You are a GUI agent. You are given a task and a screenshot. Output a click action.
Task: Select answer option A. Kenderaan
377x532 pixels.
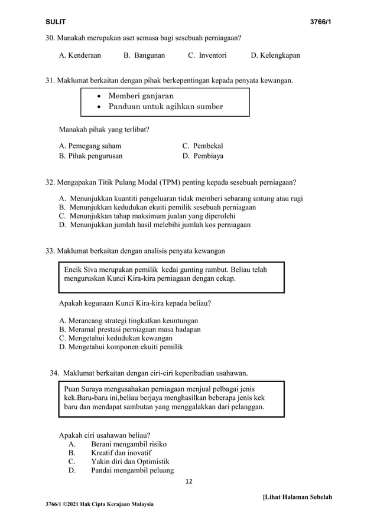click(80, 56)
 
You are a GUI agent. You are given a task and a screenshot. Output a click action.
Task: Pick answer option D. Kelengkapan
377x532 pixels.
click(275, 56)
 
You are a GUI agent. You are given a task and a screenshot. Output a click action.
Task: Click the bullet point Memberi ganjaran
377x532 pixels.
click(141, 95)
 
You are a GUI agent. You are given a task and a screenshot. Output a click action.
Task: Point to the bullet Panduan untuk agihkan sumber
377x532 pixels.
click(165, 107)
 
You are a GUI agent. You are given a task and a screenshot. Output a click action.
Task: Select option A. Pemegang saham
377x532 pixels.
click(90, 146)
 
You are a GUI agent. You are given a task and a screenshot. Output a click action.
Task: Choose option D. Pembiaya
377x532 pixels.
click(203, 157)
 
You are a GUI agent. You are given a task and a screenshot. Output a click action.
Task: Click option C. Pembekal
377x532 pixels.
click(202, 146)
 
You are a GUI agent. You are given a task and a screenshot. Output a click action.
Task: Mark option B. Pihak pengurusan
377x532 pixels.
click(91, 157)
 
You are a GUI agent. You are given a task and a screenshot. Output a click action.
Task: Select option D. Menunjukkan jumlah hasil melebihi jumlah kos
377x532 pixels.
click(155, 224)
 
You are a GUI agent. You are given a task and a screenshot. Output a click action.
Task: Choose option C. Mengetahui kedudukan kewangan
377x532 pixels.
click(116, 338)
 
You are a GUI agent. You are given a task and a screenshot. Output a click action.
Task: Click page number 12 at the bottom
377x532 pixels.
click(188, 481)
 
